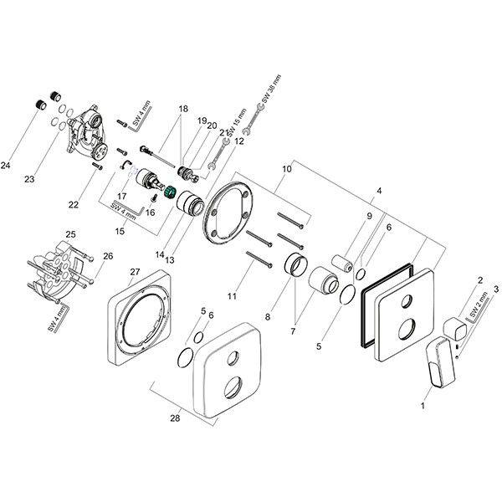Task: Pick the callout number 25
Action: pos(71,233)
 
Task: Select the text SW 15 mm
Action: pos(242,123)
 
